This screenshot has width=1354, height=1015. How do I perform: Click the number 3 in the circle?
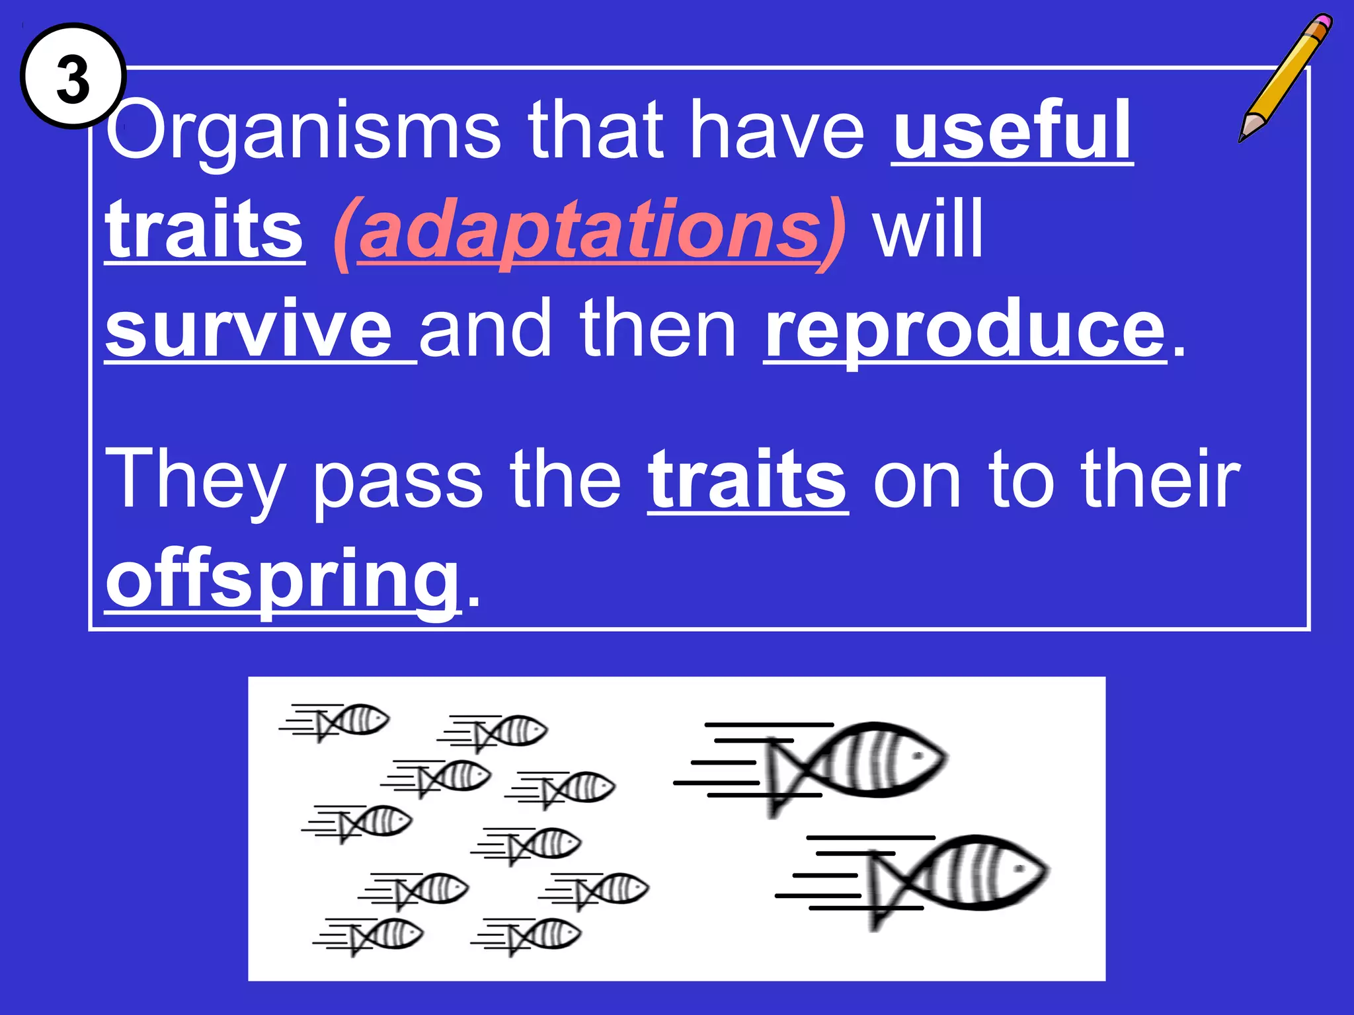73,78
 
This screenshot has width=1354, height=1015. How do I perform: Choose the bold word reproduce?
965,328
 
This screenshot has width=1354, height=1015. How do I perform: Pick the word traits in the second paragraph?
747,478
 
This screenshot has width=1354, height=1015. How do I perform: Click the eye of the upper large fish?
917,755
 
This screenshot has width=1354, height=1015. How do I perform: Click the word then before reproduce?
657,328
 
